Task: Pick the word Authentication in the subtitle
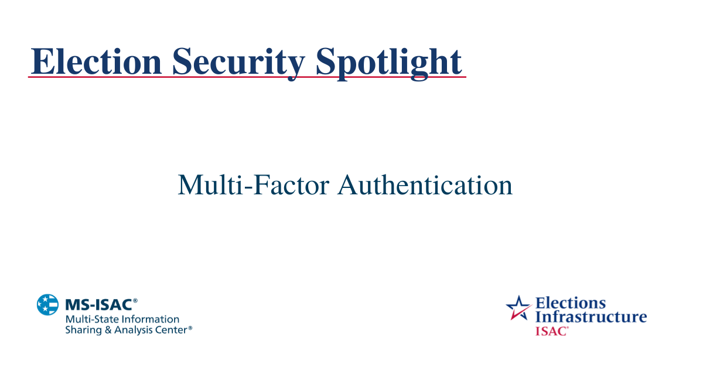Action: pyautogui.click(x=425, y=185)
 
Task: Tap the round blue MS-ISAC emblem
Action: pyautogui.click(x=48, y=305)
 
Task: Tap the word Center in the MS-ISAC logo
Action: pyautogui.click(x=171, y=330)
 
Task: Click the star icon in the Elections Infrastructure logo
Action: pyautogui.click(x=518, y=307)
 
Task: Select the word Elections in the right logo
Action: pyautogui.click(x=571, y=303)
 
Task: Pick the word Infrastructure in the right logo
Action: pyautogui.click(x=591, y=317)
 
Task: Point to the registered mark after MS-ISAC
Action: pyautogui.click(x=135, y=301)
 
